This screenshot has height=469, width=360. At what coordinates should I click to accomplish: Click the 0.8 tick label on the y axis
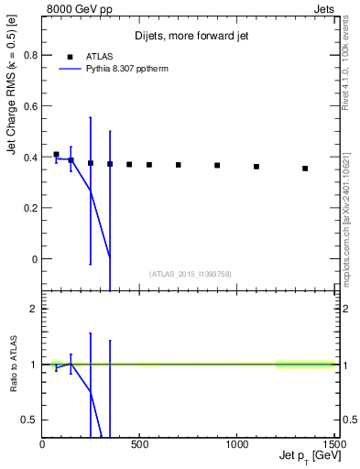click(x=29, y=55)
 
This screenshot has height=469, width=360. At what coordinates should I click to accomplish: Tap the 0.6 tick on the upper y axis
click(x=29, y=105)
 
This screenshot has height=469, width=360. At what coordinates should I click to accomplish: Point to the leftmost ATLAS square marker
click(x=56, y=155)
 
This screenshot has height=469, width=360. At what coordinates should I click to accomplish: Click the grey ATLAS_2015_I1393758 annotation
click(x=190, y=274)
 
